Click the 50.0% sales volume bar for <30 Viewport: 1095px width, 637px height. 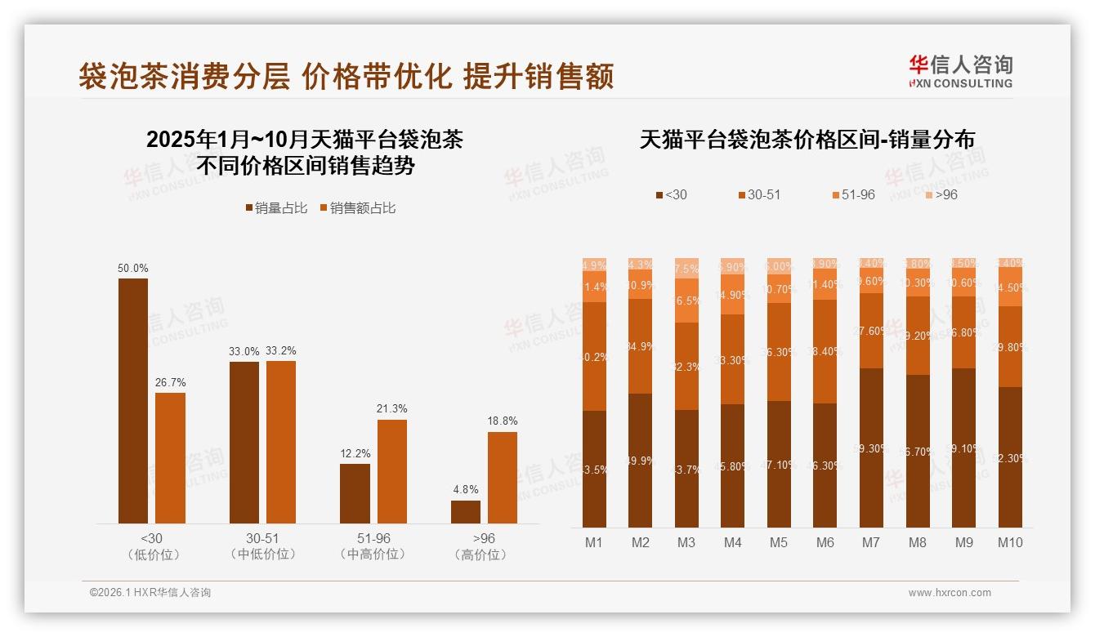133,401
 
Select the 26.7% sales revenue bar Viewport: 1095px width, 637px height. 170,458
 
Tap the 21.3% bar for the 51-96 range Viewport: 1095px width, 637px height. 391,471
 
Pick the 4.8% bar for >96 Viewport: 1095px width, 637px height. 466,512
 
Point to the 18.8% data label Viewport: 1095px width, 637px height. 502,421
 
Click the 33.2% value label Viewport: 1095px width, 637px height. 280,351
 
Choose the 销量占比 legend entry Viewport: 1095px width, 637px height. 276,208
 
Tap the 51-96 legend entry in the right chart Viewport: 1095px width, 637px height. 853,195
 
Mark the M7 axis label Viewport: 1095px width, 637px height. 871,542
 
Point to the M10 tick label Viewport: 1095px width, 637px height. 1010,542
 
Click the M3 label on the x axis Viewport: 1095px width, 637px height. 686,542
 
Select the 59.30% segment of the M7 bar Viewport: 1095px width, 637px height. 871,448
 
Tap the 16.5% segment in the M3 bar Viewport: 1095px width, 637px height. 686,301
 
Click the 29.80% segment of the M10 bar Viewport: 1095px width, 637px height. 1010,346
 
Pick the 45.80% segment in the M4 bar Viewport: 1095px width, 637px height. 733,465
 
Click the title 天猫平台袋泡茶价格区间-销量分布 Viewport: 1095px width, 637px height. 807,140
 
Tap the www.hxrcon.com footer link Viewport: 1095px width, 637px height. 950,593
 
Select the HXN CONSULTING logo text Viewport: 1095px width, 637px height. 961,83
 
